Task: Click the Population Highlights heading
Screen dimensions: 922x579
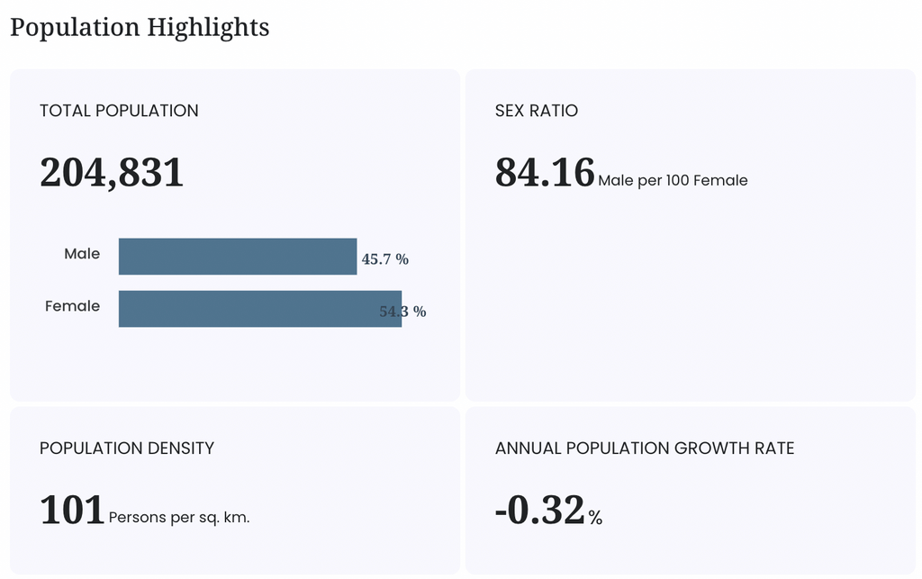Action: [140, 28]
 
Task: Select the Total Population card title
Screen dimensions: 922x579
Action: [119, 111]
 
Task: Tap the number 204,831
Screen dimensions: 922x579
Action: [112, 173]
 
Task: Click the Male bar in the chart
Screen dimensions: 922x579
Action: [238, 257]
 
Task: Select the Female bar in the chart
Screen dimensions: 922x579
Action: [260, 309]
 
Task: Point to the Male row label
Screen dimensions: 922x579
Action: [82, 253]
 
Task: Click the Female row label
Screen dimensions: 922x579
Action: [72, 305]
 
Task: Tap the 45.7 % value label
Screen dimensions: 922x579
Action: [385, 259]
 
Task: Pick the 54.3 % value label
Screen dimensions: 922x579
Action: [402, 312]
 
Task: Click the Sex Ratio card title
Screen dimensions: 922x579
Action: [537, 111]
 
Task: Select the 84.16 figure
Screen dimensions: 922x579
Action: [545, 173]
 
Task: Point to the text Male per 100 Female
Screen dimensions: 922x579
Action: [673, 180]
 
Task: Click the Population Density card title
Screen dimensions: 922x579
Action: [126, 448]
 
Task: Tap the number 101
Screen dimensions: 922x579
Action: [72, 510]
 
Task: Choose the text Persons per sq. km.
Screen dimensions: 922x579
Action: [179, 517]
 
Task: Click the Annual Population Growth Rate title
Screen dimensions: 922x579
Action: [645, 448]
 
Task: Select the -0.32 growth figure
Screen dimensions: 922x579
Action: [540, 510]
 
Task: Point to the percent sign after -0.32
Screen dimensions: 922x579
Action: [595, 517]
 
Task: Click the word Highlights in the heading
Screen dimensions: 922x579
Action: [208, 28]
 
